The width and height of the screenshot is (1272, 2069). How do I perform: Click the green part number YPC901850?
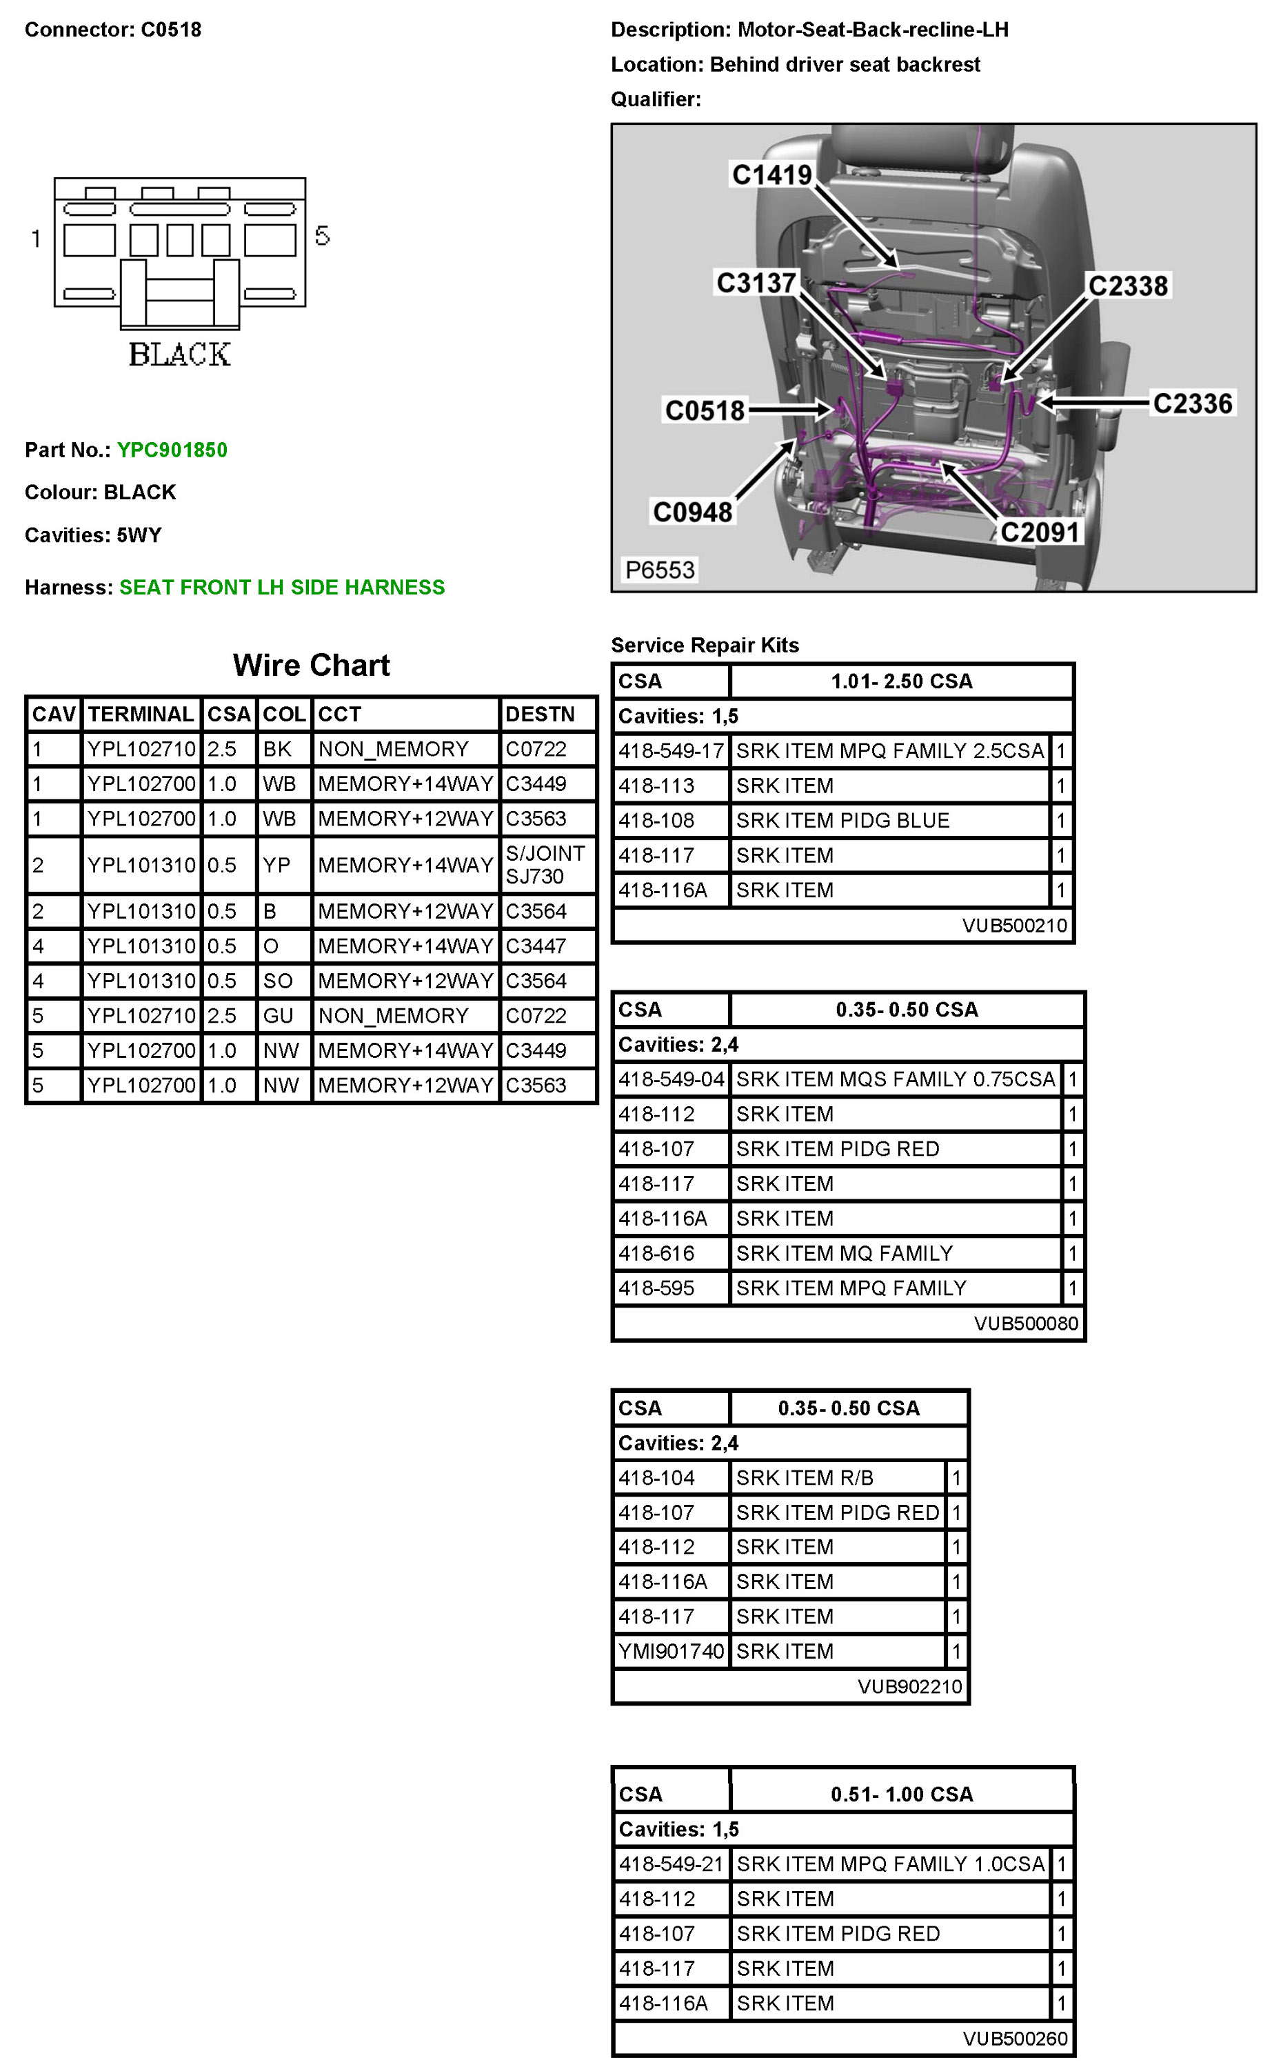click(x=172, y=450)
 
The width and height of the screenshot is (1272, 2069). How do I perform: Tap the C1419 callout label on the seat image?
click(x=771, y=175)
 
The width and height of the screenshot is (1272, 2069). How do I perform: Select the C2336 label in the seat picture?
click(x=1191, y=404)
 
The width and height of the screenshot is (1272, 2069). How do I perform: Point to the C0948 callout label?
click(x=692, y=512)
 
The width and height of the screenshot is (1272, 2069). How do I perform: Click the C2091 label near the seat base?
click(x=1039, y=532)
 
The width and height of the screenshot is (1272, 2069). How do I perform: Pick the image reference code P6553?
click(x=660, y=570)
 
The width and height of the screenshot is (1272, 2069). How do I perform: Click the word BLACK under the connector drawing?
click(x=179, y=354)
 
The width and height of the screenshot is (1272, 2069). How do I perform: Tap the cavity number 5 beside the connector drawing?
click(x=322, y=237)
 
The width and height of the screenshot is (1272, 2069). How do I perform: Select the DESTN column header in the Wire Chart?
click(x=539, y=714)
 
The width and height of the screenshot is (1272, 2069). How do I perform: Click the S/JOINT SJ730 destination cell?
click(x=545, y=865)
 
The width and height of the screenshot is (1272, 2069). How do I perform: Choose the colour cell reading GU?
click(x=278, y=1016)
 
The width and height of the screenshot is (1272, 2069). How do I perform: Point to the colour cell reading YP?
click(x=276, y=865)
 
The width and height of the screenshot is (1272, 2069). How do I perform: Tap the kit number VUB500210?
click(x=1013, y=926)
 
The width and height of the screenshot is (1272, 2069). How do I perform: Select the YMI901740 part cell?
click(x=671, y=1652)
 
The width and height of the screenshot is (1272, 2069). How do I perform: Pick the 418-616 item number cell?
click(x=656, y=1254)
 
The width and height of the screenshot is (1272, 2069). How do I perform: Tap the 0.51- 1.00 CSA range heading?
click(x=901, y=1794)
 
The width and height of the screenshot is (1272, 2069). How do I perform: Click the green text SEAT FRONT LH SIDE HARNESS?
click(x=282, y=588)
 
